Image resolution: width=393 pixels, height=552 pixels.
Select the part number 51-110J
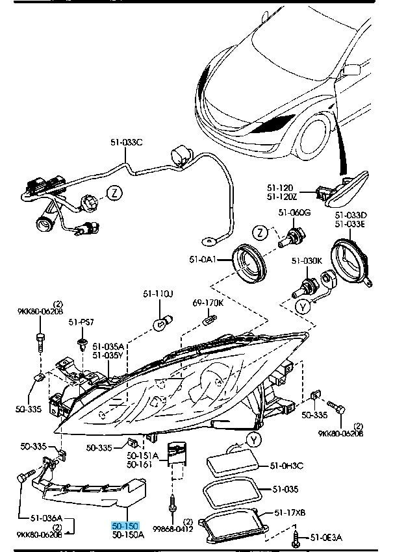pyautogui.click(x=158, y=294)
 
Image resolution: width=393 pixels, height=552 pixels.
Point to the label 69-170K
pyautogui.click(x=208, y=303)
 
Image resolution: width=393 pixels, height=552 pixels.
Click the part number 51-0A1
pyautogui.click(x=201, y=260)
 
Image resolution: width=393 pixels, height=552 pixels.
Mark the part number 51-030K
pyautogui.click(x=307, y=260)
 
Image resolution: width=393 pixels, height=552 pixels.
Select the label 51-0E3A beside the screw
pyautogui.click(x=325, y=537)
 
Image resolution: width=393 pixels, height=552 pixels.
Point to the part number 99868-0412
pyautogui.click(x=174, y=529)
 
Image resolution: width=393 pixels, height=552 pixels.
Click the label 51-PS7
pyautogui.click(x=82, y=321)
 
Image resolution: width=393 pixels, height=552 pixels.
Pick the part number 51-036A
pyautogui.click(x=46, y=518)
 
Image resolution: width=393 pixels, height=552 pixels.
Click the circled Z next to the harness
pyautogui.click(x=114, y=192)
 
